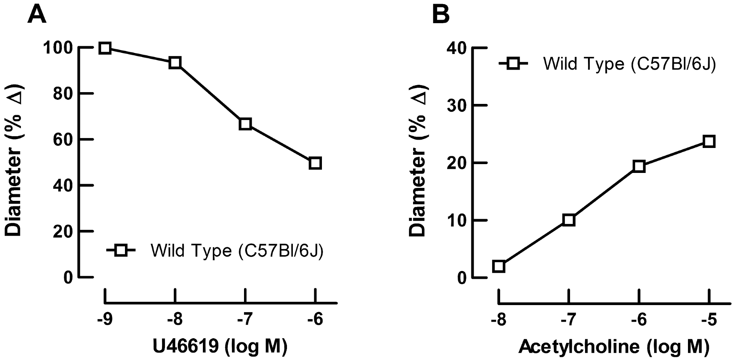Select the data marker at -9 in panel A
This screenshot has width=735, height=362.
(x=105, y=48)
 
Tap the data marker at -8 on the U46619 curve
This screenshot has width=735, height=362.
(x=175, y=63)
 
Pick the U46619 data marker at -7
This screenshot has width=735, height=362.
(x=245, y=124)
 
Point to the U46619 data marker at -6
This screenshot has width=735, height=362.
(x=315, y=163)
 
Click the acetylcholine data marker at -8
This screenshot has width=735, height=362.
(x=499, y=266)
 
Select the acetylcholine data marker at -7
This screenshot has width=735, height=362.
(x=569, y=220)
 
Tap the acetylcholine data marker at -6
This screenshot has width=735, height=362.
(x=639, y=166)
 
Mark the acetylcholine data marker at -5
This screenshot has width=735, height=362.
(x=709, y=142)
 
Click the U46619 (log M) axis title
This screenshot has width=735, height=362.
(x=220, y=346)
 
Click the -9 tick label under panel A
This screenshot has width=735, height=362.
(x=105, y=319)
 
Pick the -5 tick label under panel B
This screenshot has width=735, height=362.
(x=709, y=319)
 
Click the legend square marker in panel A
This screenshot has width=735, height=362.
(x=121, y=250)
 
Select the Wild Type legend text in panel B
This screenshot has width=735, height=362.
(x=630, y=64)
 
